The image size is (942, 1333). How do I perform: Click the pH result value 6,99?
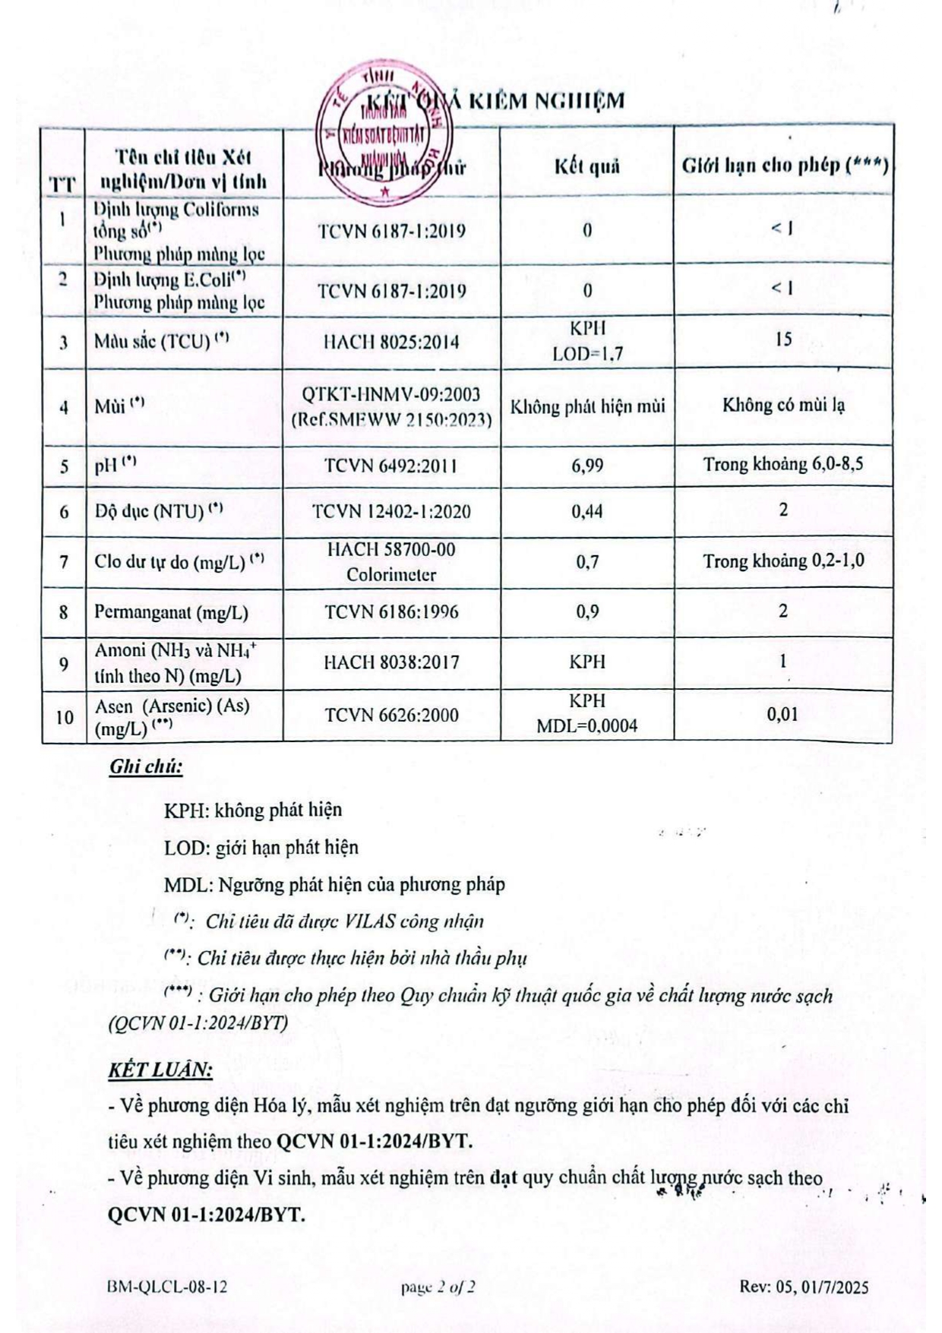tap(587, 466)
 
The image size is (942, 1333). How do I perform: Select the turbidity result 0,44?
tap(587, 512)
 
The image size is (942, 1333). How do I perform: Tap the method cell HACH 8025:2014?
tap(391, 342)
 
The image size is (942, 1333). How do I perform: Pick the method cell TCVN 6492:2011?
tap(391, 466)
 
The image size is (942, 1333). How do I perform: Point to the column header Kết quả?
tap(586, 166)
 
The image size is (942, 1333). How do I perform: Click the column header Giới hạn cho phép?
tap(784, 166)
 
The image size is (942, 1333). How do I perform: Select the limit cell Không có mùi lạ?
tap(783, 406)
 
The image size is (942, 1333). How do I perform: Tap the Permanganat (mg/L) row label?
tap(171, 613)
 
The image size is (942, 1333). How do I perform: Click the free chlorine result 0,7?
tap(587, 562)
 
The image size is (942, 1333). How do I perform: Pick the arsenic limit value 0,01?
tap(782, 714)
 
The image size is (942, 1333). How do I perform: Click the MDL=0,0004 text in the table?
tap(587, 726)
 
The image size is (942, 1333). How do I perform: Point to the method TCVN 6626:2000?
tap(391, 715)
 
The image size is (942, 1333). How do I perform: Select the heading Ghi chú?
tap(146, 766)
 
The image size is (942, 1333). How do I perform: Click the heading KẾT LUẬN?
tap(160, 1069)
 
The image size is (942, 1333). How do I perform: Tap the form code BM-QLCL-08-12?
tap(167, 1287)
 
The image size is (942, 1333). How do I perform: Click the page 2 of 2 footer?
tap(438, 1287)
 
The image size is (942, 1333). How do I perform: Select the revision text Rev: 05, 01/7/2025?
tap(804, 1287)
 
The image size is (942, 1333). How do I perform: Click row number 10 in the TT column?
tap(64, 717)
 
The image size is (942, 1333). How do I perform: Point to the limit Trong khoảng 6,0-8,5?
tap(782, 464)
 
